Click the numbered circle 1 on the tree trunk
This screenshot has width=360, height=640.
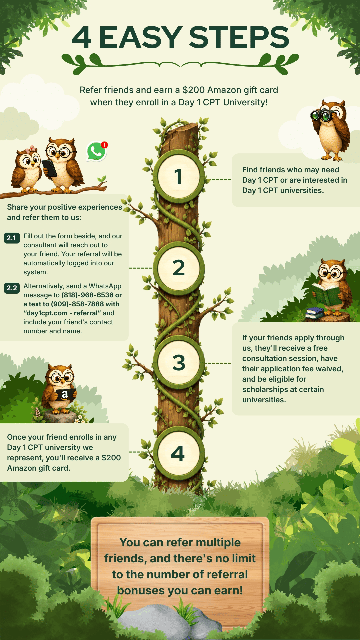[179, 177]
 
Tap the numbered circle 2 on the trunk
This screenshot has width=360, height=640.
[179, 268]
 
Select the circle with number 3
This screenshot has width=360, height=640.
[179, 363]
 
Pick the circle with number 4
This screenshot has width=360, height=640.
[179, 454]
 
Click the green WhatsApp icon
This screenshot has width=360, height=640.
[96, 152]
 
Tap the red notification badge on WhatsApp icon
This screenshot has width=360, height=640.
[104, 145]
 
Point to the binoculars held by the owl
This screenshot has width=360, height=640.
[320, 115]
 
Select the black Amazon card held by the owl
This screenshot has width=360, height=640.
[65, 395]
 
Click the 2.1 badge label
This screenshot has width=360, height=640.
[12, 238]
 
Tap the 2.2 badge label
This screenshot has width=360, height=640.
[12, 288]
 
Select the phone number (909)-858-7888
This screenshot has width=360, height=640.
[77, 304]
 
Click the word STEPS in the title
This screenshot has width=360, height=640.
[239, 37]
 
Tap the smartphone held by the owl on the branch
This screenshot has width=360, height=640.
[49, 168]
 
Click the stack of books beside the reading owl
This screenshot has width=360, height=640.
[315, 313]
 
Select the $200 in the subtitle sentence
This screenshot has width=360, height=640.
[194, 90]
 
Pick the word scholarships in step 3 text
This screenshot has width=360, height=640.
[266, 389]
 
